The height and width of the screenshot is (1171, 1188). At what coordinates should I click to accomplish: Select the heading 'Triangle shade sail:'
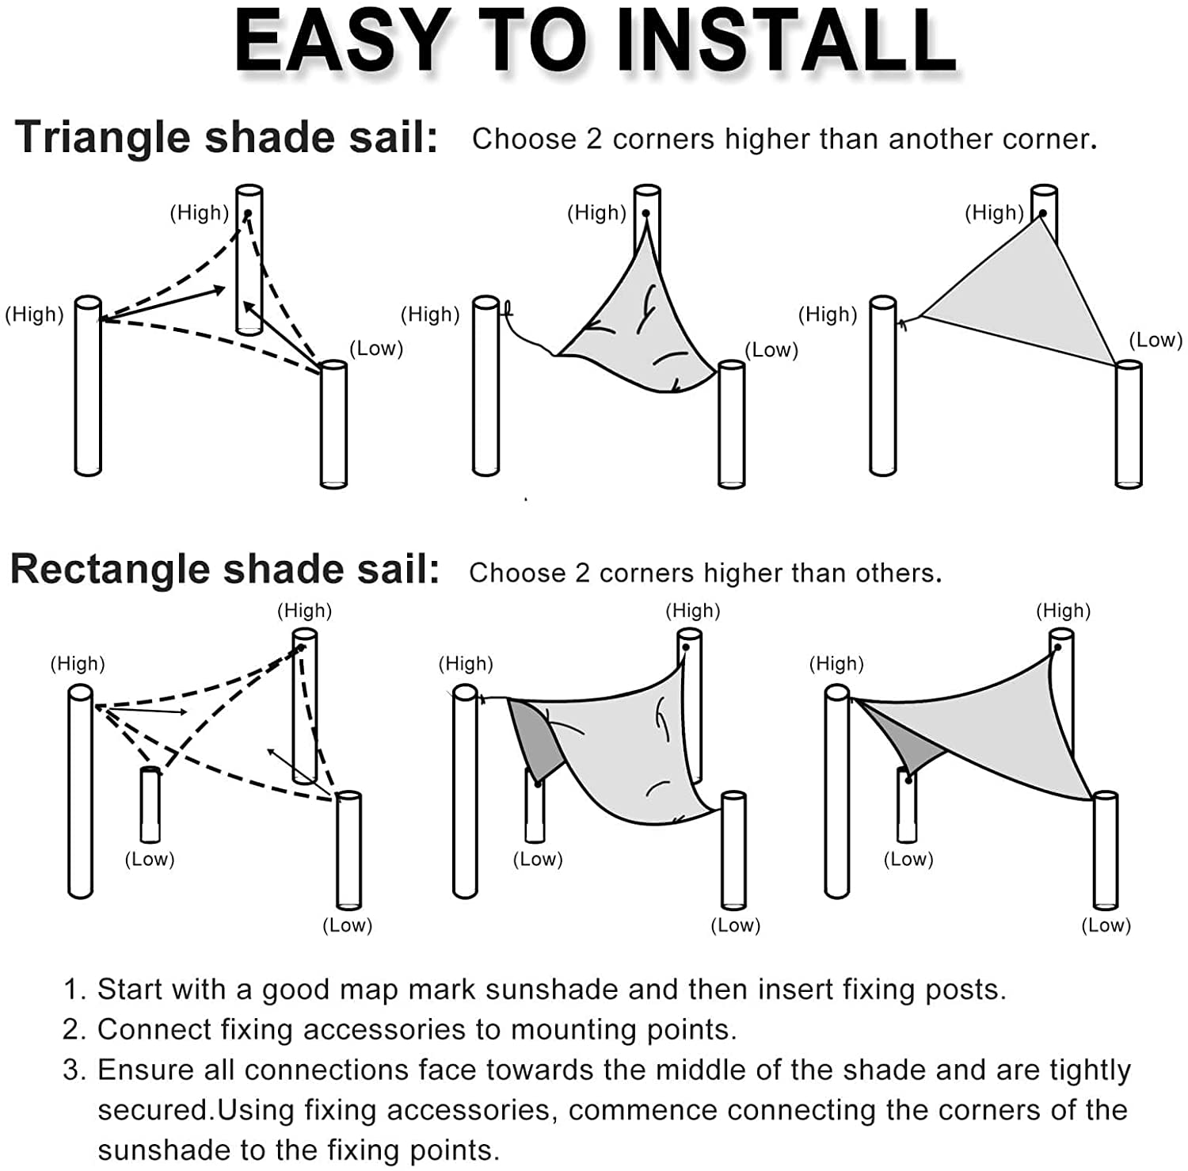(x=227, y=137)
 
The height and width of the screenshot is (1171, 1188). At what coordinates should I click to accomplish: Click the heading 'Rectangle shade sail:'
(x=225, y=569)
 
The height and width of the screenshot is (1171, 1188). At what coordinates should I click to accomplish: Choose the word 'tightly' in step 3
(x=1090, y=1070)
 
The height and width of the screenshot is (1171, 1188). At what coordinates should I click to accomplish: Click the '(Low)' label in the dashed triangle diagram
(x=376, y=349)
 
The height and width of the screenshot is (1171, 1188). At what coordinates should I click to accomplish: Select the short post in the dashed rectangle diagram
(x=150, y=804)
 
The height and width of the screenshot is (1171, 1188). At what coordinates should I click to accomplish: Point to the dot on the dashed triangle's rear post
(x=247, y=214)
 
